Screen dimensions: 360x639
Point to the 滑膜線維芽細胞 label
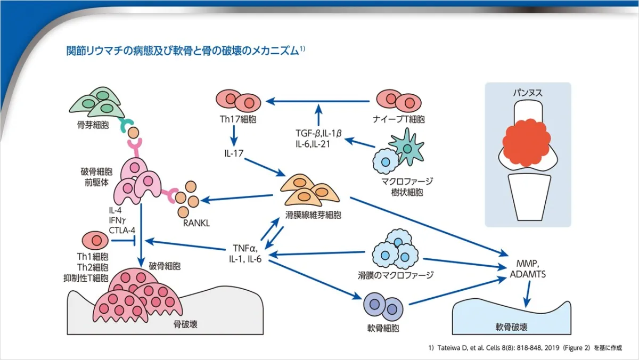pyautogui.click(x=313, y=216)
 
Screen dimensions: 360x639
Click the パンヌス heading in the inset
pyautogui.click(x=527, y=92)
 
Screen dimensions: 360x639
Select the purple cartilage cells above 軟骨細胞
pyautogui.click(x=383, y=307)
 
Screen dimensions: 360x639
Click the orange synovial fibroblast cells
pyautogui.click(x=313, y=189)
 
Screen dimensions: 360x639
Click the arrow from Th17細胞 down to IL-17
pyautogui.click(x=234, y=137)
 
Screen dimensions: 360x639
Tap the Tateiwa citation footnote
pyautogui.click(x=525, y=348)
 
